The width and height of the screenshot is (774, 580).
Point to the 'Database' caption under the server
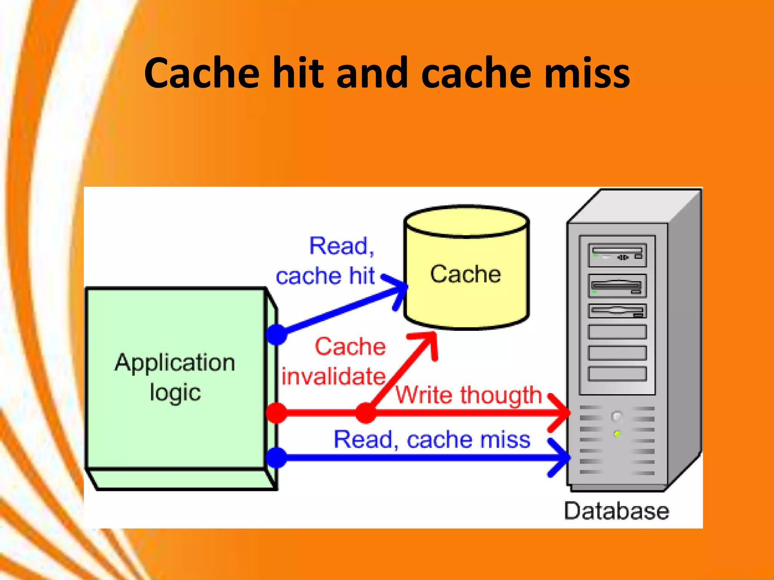[x=616, y=511]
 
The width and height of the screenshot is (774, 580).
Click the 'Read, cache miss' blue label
[x=432, y=440]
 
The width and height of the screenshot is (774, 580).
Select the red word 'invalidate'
[x=333, y=376]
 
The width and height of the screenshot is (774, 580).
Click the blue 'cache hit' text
[x=325, y=276]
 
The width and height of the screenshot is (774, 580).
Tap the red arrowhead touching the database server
[x=561, y=413]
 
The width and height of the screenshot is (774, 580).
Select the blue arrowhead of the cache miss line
[x=561, y=458]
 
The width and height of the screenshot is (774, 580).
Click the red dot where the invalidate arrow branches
[x=365, y=413]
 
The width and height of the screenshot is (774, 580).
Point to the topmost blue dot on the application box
[x=277, y=335]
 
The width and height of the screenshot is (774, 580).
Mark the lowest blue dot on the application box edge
[x=277, y=458]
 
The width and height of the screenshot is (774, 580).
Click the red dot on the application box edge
[x=277, y=413]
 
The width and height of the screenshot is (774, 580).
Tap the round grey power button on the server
[x=617, y=416]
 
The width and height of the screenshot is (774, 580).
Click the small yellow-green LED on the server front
[x=617, y=433]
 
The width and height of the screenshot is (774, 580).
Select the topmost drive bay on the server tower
[x=617, y=255]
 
